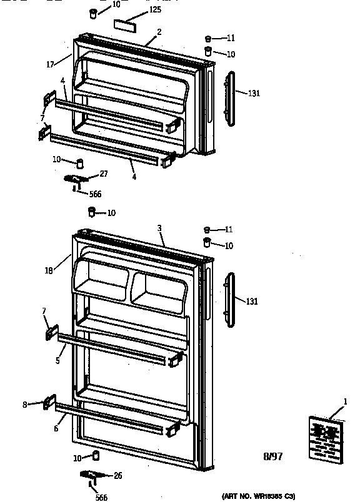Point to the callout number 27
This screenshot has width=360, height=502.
coord(104,174)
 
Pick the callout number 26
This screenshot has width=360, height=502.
coord(117,476)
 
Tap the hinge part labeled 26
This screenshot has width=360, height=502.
coord(91,476)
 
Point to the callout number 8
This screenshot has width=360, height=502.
coord(25,405)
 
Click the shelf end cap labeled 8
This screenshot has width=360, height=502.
coord(49,403)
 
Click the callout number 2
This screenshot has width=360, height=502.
coord(159,31)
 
